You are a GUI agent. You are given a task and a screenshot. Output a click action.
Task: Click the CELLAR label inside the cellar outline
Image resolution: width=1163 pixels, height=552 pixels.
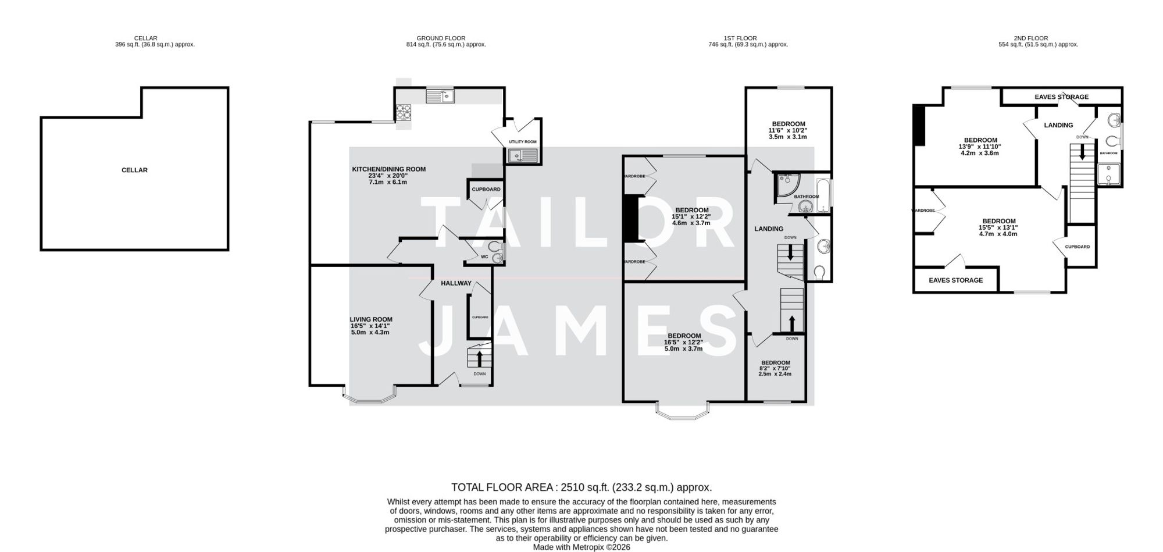click(134, 170)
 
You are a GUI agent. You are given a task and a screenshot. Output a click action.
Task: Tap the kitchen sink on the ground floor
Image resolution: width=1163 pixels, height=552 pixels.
click(440, 95)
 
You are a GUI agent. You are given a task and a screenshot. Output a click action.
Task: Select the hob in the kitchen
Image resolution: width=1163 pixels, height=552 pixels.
click(402, 112)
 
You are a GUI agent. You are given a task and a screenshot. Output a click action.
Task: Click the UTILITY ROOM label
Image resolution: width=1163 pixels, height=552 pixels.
click(522, 142)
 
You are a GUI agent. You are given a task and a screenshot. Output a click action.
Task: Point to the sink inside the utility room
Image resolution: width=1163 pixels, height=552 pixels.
click(522, 155)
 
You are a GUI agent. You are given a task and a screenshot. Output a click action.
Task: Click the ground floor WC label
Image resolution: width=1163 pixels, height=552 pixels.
click(484, 257)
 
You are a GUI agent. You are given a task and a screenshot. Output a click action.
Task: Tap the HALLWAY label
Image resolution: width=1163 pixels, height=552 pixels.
click(456, 283)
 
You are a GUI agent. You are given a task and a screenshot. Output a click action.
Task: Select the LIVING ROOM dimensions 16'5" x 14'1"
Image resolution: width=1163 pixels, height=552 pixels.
click(370, 326)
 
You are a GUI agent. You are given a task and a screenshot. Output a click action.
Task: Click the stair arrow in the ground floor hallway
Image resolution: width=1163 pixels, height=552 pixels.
click(479, 357)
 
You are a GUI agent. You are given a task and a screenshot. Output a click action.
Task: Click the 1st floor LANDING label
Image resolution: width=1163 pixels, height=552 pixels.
click(769, 229)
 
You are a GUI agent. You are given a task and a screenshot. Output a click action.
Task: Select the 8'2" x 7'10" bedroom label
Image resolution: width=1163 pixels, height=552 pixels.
click(775, 368)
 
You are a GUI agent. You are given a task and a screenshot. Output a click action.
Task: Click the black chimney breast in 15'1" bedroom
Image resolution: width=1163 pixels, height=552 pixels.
click(630, 218)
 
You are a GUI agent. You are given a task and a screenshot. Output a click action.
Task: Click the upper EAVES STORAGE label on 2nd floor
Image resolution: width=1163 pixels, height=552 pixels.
click(1061, 97)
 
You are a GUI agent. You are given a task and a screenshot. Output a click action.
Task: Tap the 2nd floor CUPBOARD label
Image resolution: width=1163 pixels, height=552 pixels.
click(1077, 247)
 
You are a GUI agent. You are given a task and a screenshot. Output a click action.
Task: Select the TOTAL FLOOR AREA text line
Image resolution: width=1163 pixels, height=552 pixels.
click(581, 487)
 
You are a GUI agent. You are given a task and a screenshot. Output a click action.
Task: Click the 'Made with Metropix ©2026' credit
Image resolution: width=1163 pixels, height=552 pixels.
click(581, 547)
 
